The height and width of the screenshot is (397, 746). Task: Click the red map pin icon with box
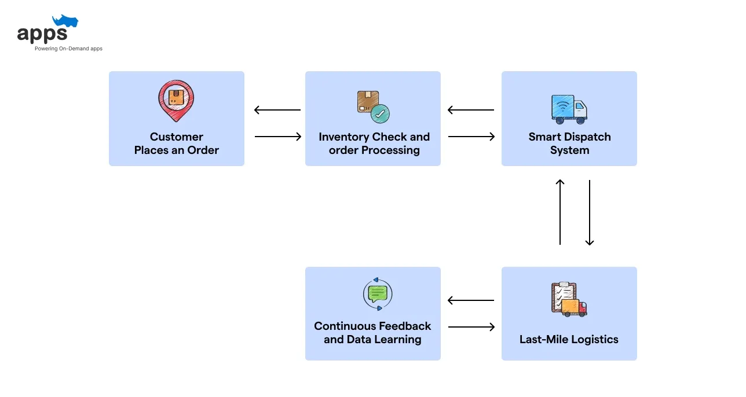[176, 100]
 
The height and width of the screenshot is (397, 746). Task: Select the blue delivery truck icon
[568, 109]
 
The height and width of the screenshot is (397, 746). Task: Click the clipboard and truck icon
[568, 299]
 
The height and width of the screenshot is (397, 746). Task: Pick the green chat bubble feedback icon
[377, 293]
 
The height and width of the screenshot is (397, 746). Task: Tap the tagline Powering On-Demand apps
[68, 49]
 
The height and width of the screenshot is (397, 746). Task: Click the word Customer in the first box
[177, 137]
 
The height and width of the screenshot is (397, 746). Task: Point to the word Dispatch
[588, 137]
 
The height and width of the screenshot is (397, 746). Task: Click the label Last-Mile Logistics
[569, 340]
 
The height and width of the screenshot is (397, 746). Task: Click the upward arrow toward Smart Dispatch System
[560, 212]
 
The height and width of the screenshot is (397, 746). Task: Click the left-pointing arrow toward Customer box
[277, 110]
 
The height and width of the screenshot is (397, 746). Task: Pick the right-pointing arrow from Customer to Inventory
[278, 137]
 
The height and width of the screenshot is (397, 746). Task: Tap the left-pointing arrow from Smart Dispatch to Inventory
[471, 110]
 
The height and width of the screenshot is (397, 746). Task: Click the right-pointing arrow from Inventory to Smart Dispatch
[471, 137]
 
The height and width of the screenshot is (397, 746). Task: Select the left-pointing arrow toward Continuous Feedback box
[471, 300]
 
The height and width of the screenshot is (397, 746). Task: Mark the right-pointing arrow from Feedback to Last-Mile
[471, 327]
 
